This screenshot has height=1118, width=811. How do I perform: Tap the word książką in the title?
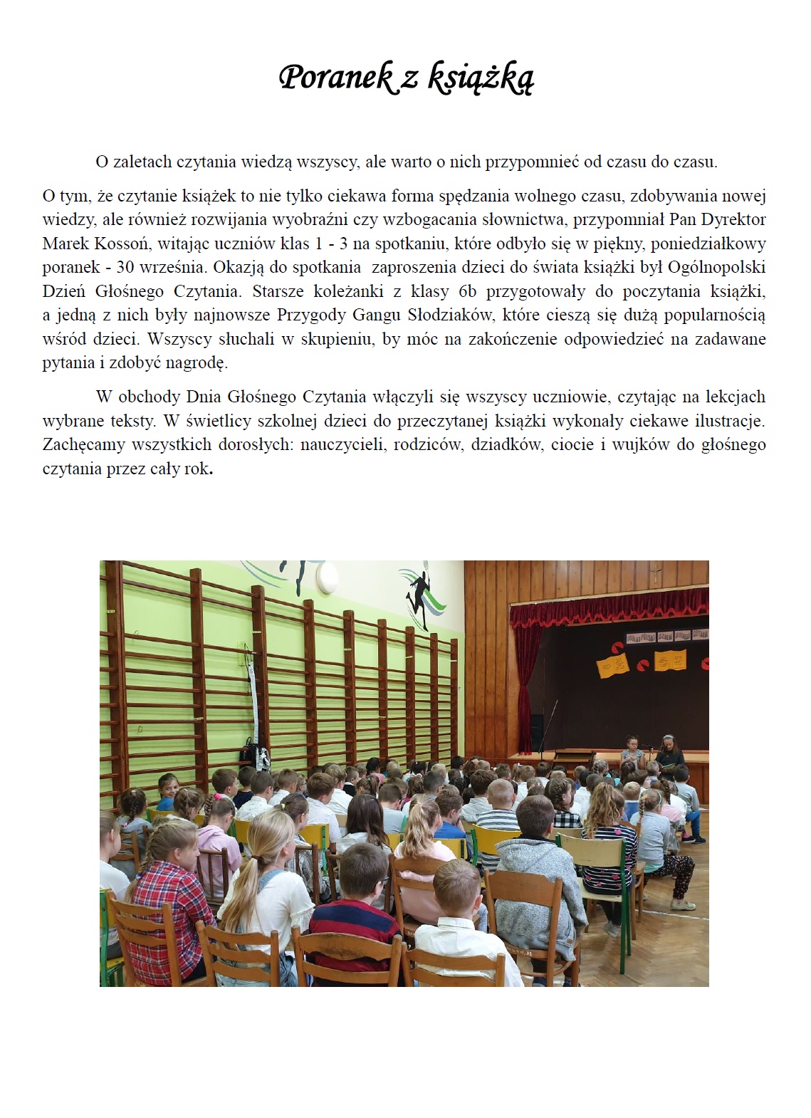click(x=480, y=78)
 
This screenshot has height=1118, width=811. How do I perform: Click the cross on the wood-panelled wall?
click(x=657, y=572)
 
